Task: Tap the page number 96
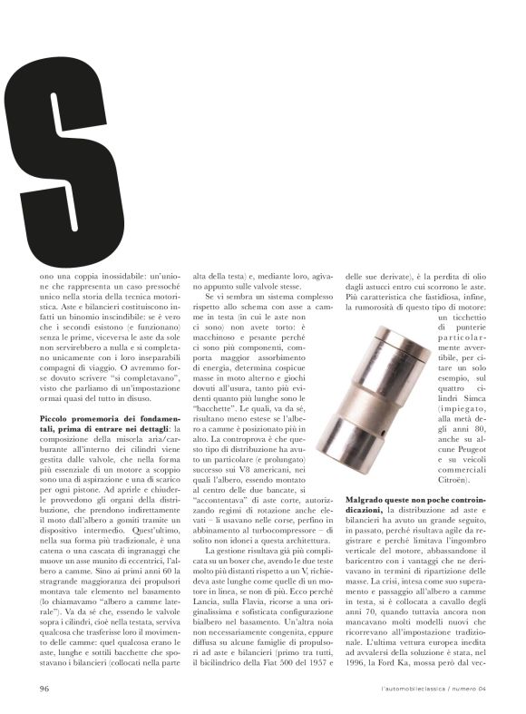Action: click(x=44, y=689)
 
